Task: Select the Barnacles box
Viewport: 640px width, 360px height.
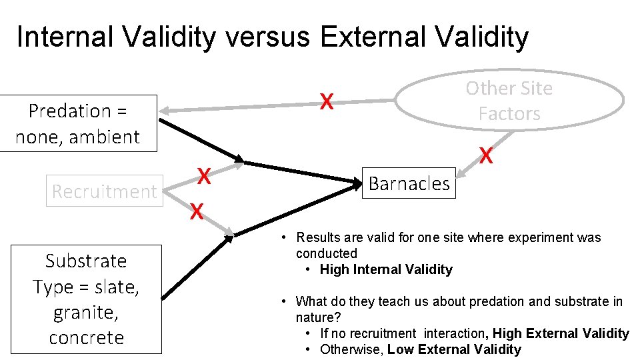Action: pyautogui.click(x=409, y=183)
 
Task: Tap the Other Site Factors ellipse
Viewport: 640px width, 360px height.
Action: pyautogui.click(x=509, y=101)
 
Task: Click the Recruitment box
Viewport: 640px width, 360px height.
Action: pyautogui.click(x=104, y=191)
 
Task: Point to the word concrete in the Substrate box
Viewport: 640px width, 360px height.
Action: pyautogui.click(x=86, y=337)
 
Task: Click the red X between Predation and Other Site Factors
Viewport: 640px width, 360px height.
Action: pyautogui.click(x=326, y=101)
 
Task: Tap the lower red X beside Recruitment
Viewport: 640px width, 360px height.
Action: pyautogui.click(x=195, y=212)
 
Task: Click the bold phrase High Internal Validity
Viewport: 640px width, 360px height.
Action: pyautogui.click(x=386, y=269)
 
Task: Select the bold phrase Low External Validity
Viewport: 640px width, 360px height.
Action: pyautogui.click(x=454, y=349)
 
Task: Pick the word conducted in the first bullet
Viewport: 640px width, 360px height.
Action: pyautogui.click(x=327, y=253)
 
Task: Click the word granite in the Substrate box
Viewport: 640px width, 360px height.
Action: pyautogui.click(x=86, y=312)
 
